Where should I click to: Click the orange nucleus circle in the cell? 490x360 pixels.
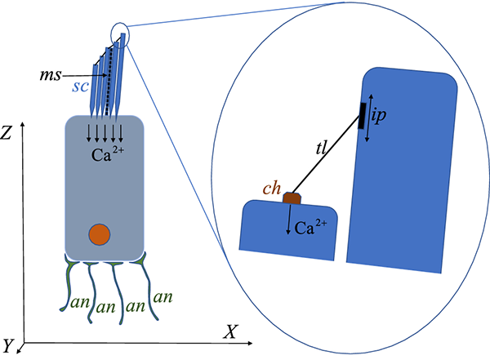click(x=100, y=234)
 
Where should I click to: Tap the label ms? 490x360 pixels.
click(x=51, y=75)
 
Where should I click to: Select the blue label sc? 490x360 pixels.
click(x=80, y=87)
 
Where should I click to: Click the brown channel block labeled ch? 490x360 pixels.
click(x=292, y=198)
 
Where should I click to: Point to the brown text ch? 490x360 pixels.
click(x=272, y=188)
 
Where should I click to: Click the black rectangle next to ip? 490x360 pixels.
click(x=362, y=115)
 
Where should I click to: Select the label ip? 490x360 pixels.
click(x=379, y=116)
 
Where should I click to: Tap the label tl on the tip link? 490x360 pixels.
click(x=321, y=148)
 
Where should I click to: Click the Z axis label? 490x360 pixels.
click(x=6, y=132)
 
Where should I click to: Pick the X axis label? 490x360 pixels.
click(x=230, y=331)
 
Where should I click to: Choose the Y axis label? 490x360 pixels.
click(x=7, y=345)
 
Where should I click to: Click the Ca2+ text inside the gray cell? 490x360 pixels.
click(x=108, y=153)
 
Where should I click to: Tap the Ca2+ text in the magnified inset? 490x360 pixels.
click(x=310, y=227)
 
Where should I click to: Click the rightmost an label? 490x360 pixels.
click(x=163, y=297)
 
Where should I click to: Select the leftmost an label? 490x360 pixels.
click(x=81, y=303)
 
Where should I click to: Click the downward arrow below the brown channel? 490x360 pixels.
click(x=288, y=220)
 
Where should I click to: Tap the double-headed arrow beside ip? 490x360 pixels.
click(x=369, y=118)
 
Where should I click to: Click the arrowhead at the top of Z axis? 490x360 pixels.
click(x=22, y=125)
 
